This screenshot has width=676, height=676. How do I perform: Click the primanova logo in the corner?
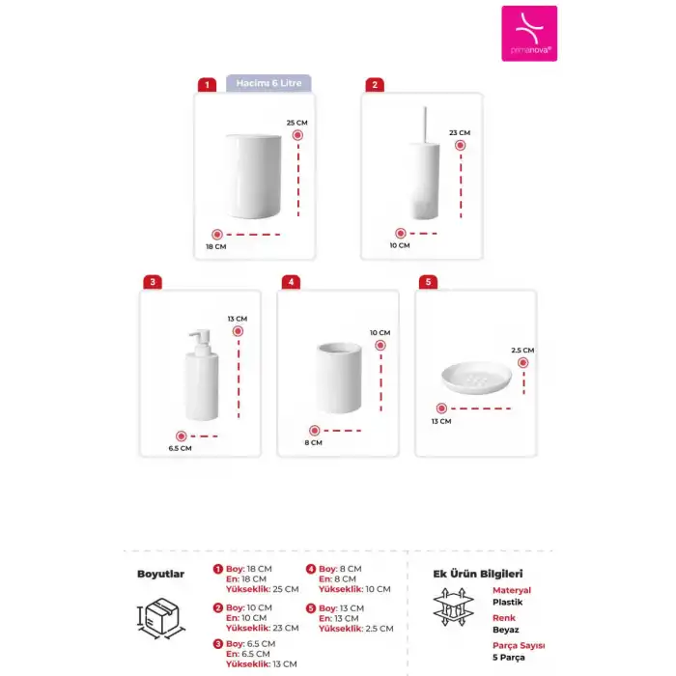coord(529,34)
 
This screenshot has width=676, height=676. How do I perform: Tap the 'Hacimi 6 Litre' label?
coord(268,83)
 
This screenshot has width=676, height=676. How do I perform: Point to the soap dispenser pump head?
coord(202,340)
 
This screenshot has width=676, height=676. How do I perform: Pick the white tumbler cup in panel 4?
coord(339,378)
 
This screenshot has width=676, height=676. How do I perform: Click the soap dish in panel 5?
coord(475,375)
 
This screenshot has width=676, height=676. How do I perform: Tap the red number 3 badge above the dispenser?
coord(152,282)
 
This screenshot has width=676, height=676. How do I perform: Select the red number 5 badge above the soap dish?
coord(429,282)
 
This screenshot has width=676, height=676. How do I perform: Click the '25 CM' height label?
coord(297,123)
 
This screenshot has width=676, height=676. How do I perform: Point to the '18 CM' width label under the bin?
coord(215,246)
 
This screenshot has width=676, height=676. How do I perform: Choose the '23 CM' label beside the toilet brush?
coord(460,132)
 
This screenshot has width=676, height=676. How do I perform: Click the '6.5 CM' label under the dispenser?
coord(180,448)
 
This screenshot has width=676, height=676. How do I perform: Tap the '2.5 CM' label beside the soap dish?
coord(522,351)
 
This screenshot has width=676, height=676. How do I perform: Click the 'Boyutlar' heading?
coord(160,574)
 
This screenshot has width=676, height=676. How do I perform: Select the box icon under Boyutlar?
coord(161,617)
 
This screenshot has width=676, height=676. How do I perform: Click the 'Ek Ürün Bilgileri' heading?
coord(477,574)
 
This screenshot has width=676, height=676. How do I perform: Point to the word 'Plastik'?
coord(507,602)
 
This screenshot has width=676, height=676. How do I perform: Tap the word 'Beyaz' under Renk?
coord(506,627)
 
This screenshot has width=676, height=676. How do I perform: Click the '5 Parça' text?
coord(509,657)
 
